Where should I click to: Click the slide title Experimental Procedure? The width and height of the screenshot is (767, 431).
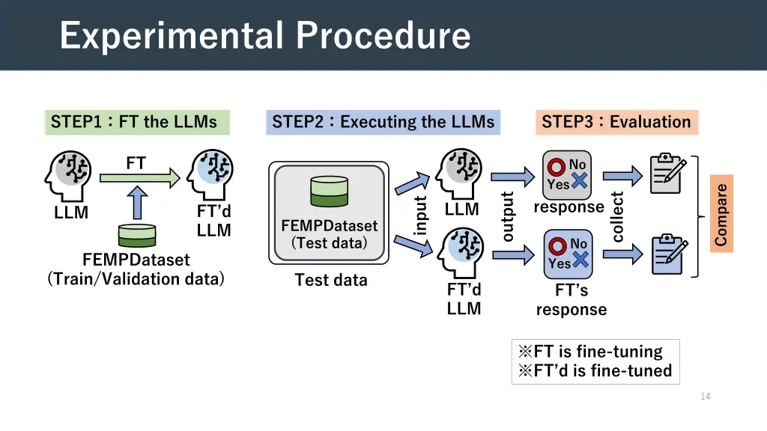[265, 35]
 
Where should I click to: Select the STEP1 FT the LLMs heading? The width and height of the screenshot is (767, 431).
[135, 122]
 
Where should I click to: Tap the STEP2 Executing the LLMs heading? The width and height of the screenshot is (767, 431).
[383, 122]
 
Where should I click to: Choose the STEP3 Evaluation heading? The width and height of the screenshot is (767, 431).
[616, 122]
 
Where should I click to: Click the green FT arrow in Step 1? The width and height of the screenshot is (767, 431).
[139, 177]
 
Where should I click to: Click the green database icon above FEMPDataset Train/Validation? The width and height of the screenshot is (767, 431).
[137, 235]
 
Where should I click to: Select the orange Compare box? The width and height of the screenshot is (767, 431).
[721, 215]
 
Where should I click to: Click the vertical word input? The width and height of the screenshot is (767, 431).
[420, 215]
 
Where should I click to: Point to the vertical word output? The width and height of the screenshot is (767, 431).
[508, 217]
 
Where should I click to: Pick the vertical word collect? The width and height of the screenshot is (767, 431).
[617, 217]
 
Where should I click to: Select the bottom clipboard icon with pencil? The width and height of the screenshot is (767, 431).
[669, 254]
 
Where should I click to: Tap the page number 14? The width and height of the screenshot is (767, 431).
[705, 397]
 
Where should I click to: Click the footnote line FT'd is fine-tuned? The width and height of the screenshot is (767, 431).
[595, 370]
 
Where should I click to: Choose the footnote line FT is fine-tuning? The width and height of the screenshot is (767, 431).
[589, 352]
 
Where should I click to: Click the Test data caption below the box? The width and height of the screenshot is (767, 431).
[330, 280]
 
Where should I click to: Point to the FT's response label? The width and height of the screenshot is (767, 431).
[571, 300]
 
